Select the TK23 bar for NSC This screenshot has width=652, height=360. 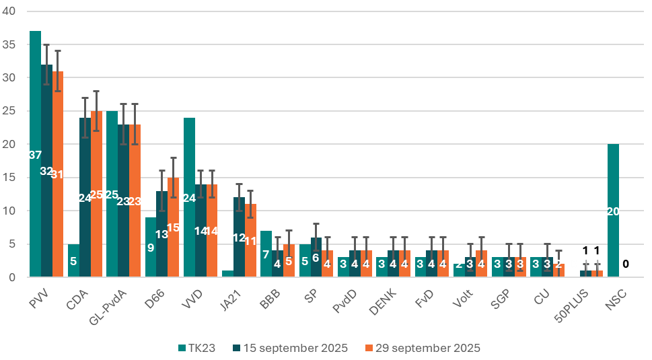click(613, 188)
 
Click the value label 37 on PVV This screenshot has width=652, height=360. click(34, 155)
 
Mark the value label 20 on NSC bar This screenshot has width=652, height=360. click(613, 211)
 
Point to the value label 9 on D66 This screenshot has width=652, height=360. click(151, 248)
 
